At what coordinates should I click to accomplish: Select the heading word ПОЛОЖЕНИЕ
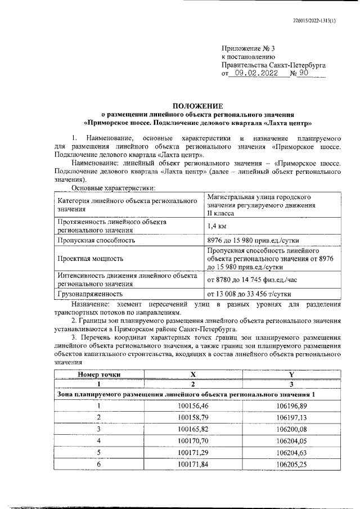pos(197,105)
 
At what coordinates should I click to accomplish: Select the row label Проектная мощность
pos(90,259)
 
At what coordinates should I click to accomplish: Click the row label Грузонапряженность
pos(89,293)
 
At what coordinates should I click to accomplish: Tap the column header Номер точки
pos(99,373)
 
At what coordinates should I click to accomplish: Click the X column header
pos(193,373)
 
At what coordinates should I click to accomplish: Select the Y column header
pos(291,373)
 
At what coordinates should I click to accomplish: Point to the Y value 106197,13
pos(291,417)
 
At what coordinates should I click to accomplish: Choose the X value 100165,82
pos(193,429)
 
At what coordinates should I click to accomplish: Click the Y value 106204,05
pos(291,440)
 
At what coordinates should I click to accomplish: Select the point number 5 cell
pos(99,452)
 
